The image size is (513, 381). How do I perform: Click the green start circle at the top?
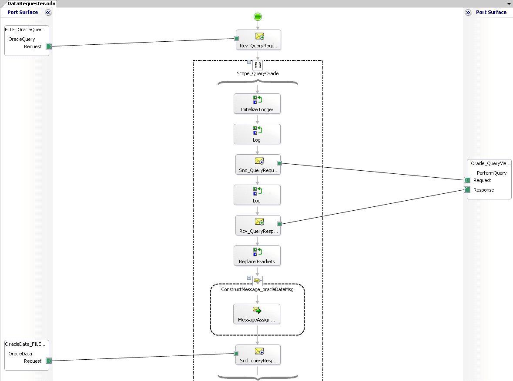coord(258,17)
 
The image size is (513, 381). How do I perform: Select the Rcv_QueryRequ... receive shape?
coord(258,40)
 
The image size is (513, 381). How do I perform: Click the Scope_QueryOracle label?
coord(258,73)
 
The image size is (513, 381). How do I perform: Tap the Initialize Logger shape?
coord(257,104)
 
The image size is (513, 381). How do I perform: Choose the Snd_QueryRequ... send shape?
coord(258,165)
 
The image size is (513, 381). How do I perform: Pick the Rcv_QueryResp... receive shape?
coord(258,225)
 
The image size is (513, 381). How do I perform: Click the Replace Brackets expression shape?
coord(257,256)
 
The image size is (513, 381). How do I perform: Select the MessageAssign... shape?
coord(257,314)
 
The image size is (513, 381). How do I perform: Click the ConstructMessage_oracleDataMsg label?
coord(257,289)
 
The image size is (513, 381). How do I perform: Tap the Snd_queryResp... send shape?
coord(258,355)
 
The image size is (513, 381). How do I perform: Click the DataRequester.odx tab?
coord(28,3)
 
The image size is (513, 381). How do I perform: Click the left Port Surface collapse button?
coord(48,13)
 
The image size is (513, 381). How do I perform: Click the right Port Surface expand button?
coord(468,13)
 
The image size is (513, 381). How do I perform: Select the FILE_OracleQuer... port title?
coord(25,30)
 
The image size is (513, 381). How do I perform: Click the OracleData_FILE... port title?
coord(25,344)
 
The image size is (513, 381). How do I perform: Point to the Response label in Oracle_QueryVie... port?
coord(483,190)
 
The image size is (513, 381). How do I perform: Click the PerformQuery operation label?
coord(492,173)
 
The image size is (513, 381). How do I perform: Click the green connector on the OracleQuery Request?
coord(49,46)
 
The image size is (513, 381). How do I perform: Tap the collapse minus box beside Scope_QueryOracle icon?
coord(249,62)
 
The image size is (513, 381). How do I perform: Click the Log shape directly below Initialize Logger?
coord(257,134)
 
